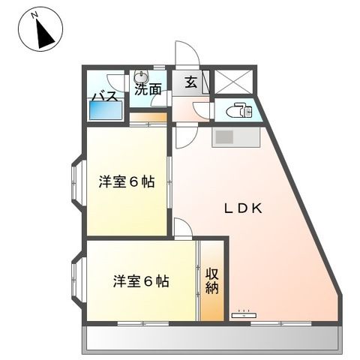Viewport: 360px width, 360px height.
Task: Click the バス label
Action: pyautogui.click(x=102, y=95)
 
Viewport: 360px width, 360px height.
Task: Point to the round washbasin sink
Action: pyautogui.click(x=142, y=76)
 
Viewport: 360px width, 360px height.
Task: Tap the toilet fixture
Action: pyautogui.click(x=238, y=110)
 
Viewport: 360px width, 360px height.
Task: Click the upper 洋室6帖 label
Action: pyautogui.click(x=127, y=181)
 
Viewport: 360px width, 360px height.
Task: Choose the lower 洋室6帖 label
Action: pyautogui.click(x=141, y=281)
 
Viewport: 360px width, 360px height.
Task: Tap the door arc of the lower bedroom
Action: pyautogui.click(x=183, y=229)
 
